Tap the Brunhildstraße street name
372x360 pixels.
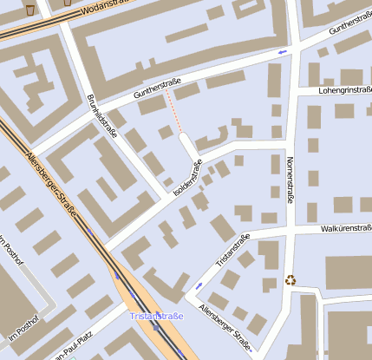click(x=102, y=116)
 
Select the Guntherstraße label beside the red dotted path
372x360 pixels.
click(x=157, y=87)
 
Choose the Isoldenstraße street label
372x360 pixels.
click(x=188, y=176)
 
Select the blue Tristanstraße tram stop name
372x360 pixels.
click(x=157, y=317)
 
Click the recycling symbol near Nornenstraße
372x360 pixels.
click(x=290, y=279)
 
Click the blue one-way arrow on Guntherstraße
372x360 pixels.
click(x=282, y=53)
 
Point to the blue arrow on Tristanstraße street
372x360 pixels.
click(x=200, y=285)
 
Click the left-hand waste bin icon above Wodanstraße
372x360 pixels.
click(x=30, y=10)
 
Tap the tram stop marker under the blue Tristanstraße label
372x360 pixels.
click(x=156, y=328)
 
